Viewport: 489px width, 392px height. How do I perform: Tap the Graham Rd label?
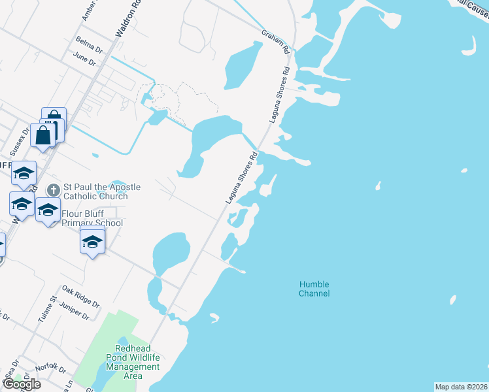[275, 41]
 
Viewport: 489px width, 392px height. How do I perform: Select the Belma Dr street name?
[89, 48]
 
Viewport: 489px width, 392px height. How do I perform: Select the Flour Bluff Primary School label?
[92, 218]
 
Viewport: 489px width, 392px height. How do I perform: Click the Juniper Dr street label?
[73, 310]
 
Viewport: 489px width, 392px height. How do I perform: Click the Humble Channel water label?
[314, 289]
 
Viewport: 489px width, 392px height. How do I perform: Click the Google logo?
[21, 384]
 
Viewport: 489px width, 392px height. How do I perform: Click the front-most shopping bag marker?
[44, 136]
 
